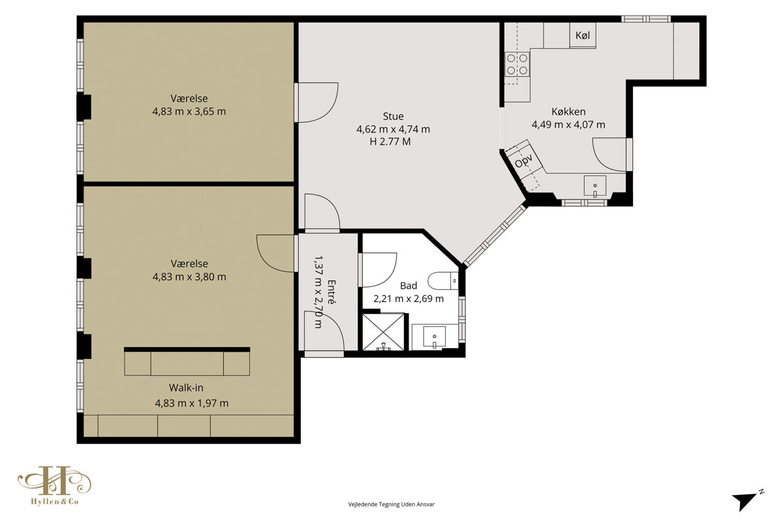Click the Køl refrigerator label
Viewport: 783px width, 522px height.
583,35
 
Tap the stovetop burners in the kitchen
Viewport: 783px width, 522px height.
517,64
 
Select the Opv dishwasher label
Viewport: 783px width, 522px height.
523,161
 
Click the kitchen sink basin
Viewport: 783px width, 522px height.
595,185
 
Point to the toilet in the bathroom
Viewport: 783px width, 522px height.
443,281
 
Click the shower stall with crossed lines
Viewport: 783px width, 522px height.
384,332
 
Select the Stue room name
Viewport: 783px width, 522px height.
393,116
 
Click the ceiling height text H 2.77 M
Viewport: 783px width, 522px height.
390,142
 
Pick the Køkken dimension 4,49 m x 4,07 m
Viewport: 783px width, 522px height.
568,125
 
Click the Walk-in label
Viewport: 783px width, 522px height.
186,388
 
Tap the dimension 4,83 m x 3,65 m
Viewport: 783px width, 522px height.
189,112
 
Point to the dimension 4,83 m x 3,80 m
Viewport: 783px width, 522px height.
189,277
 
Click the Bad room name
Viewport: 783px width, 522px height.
408,286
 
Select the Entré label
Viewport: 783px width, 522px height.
331,292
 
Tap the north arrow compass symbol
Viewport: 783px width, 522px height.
747,500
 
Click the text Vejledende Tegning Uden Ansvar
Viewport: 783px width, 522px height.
391,504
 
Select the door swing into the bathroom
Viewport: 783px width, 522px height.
378,270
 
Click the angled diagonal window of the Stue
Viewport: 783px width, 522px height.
495,235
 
